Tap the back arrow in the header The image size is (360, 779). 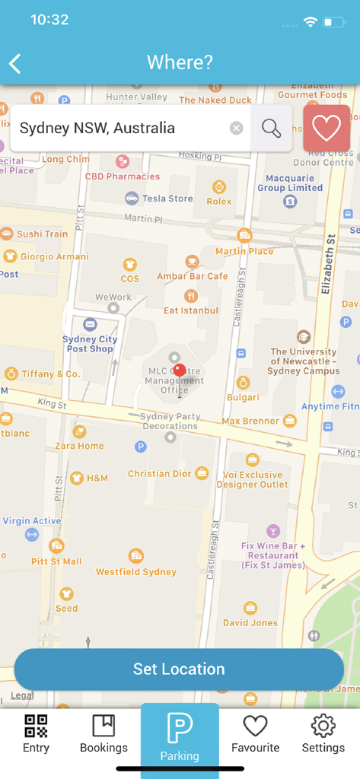point(15,63)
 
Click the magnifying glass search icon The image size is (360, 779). point(271,128)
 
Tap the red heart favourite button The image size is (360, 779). point(327,128)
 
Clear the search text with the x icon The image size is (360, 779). point(237,128)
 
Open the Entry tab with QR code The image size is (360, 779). point(36,733)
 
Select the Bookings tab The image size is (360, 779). point(104,733)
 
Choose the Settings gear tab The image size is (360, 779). point(323,733)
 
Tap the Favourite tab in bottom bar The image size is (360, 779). point(255,733)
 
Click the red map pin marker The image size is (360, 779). point(179,371)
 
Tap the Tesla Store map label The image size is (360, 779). point(168,199)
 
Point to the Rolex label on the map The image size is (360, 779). point(219,202)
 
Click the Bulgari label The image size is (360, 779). point(242,396)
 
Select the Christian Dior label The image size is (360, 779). point(159,473)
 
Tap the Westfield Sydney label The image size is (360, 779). point(135,571)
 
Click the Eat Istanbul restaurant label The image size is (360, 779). point(191,310)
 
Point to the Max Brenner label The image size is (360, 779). point(251,421)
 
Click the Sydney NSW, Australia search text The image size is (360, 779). point(97,128)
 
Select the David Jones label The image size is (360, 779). point(250,622)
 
